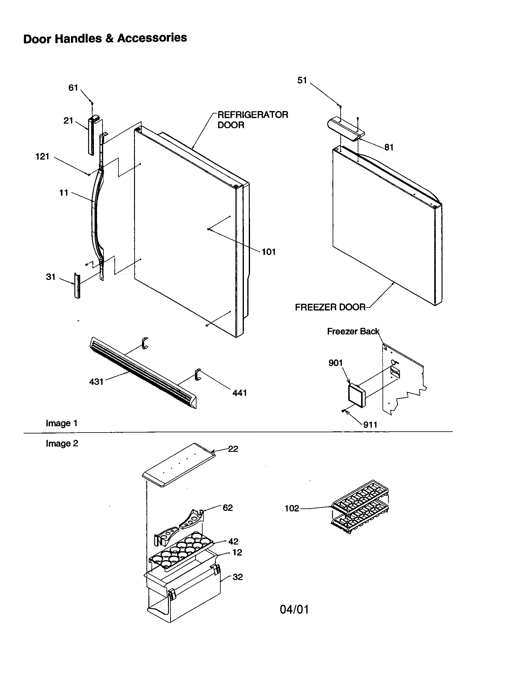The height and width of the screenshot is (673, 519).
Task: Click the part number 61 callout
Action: pos(73,88)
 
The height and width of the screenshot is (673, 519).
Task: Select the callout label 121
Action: pos(43,157)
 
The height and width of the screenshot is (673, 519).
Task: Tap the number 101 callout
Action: pos(268,252)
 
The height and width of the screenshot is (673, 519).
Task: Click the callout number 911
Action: pos(370,425)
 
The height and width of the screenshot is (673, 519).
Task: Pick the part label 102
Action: pos(292,508)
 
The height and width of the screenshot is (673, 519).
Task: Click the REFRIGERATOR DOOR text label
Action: pos(253,120)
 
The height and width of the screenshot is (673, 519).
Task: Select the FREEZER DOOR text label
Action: pos(330,307)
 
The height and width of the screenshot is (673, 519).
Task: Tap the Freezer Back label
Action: pos(353,331)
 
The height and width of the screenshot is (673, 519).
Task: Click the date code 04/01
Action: pos(294,609)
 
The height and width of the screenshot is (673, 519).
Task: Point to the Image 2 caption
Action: pos(62,444)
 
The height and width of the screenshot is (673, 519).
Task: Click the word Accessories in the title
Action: pos(152,38)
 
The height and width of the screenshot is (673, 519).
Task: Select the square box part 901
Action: pos(356,396)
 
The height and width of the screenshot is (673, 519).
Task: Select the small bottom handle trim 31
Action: pos(77,285)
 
